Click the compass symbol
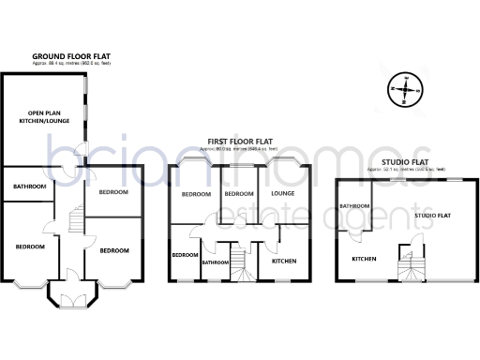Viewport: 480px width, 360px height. (x=404, y=91)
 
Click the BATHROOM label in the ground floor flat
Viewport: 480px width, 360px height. (x=29, y=187)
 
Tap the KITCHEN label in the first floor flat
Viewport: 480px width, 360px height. (x=285, y=262)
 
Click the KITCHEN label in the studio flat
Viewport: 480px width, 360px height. (x=364, y=259)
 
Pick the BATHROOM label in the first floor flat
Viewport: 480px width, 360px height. (x=216, y=263)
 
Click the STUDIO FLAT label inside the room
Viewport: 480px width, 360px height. (x=433, y=216)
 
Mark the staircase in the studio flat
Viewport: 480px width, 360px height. (x=411, y=265)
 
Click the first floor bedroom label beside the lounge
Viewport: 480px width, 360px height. (x=238, y=194)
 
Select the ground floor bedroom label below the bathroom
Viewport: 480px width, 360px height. (x=29, y=247)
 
